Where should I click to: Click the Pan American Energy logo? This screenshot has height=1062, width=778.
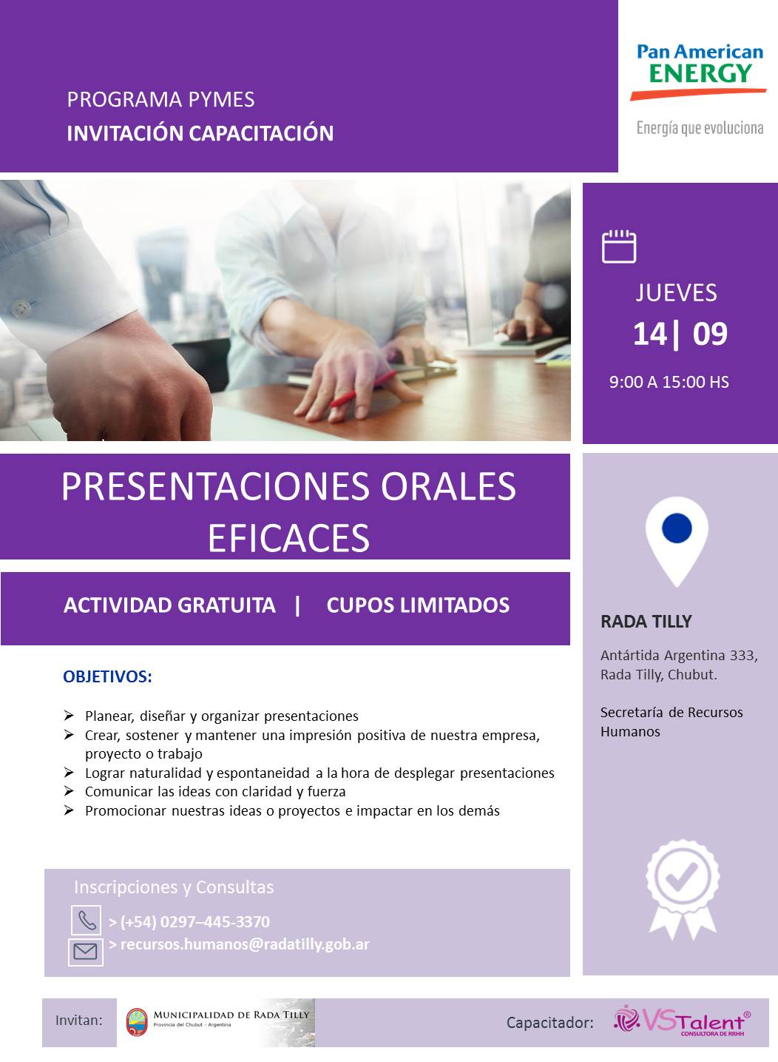click(699, 89)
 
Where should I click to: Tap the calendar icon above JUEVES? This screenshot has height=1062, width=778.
click(619, 246)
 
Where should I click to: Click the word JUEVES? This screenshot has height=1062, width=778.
click(676, 292)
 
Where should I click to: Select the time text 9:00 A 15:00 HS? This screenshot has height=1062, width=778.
click(669, 382)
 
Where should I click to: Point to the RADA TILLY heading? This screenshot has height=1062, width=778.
click(646, 621)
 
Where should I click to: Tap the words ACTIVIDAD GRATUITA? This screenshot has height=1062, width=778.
click(169, 605)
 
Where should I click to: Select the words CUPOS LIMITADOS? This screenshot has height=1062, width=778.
click(418, 605)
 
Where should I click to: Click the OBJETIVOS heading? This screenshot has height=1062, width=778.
click(107, 676)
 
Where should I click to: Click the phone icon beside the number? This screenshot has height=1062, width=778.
click(87, 920)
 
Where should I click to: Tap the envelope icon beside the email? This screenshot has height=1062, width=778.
click(86, 952)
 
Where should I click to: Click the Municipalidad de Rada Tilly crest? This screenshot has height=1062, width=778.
click(137, 1022)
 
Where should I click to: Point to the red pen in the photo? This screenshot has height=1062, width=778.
click(363, 389)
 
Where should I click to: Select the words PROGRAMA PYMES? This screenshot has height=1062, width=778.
click(160, 100)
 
